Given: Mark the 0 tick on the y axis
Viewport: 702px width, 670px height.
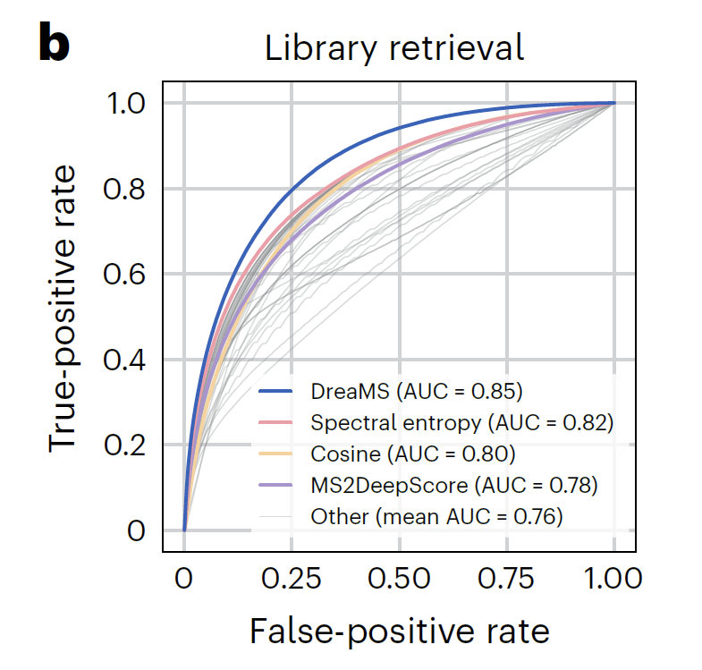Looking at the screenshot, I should tap(135, 530).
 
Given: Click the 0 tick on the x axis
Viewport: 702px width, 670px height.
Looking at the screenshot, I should tap(184, 579).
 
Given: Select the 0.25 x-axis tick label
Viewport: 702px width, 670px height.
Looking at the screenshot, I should tap(292, 579).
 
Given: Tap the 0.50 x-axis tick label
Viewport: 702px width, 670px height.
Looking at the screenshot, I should tap(399, 579).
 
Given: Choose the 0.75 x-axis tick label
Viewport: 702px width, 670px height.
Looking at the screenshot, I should tap(506, 579).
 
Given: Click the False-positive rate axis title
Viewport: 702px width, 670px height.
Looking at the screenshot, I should tap(399, 632).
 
